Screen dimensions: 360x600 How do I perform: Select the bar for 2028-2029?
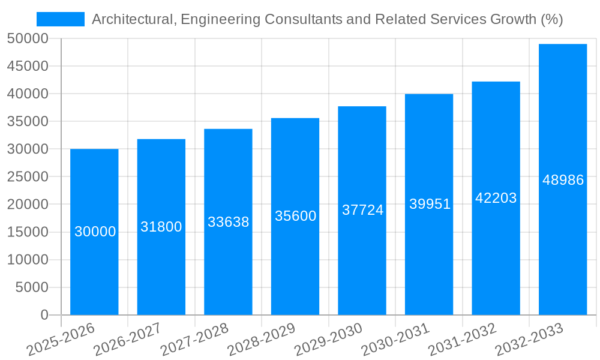coord(295,264)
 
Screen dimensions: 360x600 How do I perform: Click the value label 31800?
coord(161,227)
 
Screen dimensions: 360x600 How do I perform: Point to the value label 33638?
coord(228,222)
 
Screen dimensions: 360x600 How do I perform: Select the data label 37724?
coord(362,210)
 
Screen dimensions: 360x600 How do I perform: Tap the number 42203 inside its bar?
coord(496,198)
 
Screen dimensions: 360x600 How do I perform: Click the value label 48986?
coord(563,180)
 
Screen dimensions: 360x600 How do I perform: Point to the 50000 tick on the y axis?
coord(28,39)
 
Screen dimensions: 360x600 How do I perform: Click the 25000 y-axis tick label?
coord(28,177)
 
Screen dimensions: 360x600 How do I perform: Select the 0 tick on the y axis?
coord(44,315)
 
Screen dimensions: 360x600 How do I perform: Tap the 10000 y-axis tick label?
coord(28,260)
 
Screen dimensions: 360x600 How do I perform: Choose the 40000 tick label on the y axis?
coord(28,94)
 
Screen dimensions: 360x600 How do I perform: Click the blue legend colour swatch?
coord(61,19)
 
